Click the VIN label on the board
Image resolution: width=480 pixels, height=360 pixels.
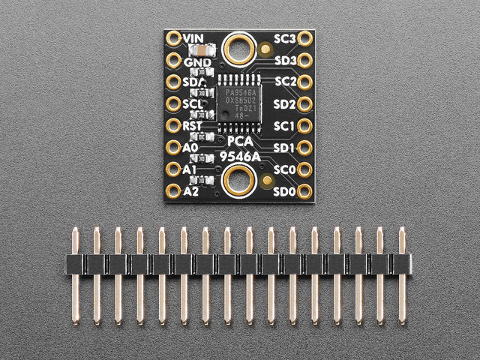pyautogui.click(x=194, y=37)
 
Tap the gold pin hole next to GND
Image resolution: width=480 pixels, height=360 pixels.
pyautogui.click(x=174, y=60)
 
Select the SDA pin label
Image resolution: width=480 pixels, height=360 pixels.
pyautogui.click(x=193, y=82)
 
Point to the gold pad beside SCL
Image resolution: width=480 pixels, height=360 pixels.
pyautogui.click(x=174, y=103)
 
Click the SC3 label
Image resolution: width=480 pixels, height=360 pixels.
pyautogui.click(x=285, y=37)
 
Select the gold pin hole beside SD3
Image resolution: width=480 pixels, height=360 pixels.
pyautogui.click(x=306, y=59)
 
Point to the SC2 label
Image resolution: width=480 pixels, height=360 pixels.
pyautogui.click(x=285, y=81)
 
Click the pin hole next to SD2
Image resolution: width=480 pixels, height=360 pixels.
pyautogui.click(x=306, y=103)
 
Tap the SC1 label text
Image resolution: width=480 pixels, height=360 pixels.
pyautogui.click(x=285, y=125)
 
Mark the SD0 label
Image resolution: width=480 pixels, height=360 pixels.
pyautogui.click(x=285, y=192)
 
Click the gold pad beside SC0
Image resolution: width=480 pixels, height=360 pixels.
pyautogui.click(x=306, y=169)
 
